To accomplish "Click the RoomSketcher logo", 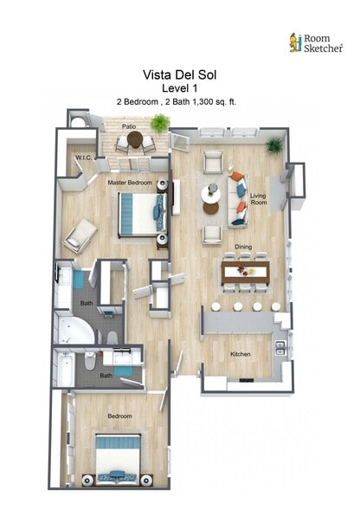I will (315, 42).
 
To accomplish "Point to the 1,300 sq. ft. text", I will (212, 101).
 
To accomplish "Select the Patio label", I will (128, 126).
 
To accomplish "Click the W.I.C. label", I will (83, 158).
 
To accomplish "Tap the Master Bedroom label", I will (130, 184).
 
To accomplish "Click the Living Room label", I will (258, 200).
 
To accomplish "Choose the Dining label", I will (244, 248).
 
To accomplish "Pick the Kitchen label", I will (241, 354).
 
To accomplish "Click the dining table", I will (246, 274).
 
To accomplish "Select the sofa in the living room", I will (237, 198).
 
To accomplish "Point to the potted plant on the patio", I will (159, 124).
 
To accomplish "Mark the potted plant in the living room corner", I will (274, 145).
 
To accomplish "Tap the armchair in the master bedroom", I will (80, 234).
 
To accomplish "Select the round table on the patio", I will (135, 139).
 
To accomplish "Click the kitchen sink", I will (280, 347).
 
